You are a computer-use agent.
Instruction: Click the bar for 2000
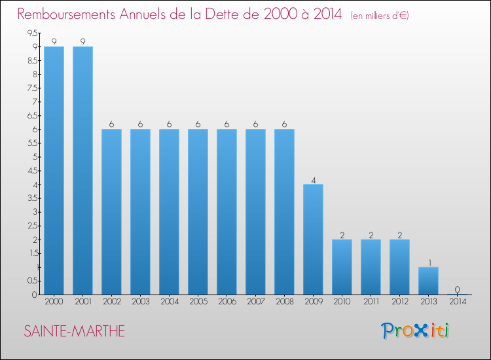click(x=54, y=170)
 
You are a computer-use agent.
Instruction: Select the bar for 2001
click(x=82, y=170)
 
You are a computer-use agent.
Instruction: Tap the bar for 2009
click(x=313, y=239)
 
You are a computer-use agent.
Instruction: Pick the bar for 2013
click(x=428, y=281)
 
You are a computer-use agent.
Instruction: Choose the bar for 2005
click(x=198, y=211)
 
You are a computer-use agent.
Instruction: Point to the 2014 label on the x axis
click(x=457, y=301)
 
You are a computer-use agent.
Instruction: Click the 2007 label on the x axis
click(x=255, y=301)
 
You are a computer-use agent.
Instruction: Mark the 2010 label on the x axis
click(x=342, y=301)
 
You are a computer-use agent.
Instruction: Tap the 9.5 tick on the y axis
click(x=32, y=33)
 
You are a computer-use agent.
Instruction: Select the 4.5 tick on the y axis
click(x=32, y=171)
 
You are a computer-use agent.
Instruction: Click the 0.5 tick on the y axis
click(x=32, y=281)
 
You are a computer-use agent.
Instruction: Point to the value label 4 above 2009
click(x=313, y=179)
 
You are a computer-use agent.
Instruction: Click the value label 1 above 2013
click(x=428, y=262)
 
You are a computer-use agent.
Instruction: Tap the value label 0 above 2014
click(x=457, y=289)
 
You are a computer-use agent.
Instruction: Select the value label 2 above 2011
click(x=371, y=234)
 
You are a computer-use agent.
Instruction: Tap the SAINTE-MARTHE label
click(x=74, y=332)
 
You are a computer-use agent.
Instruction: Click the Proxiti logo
click(x=415, y=331)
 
